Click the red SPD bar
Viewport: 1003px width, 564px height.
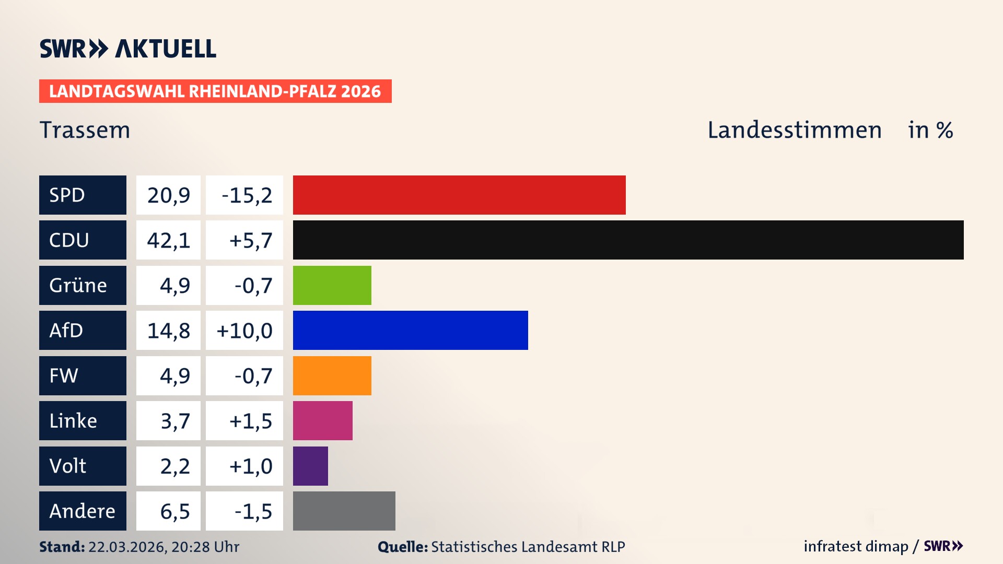click(x=459, y=195)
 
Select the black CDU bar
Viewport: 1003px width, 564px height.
click(x=628, y=240)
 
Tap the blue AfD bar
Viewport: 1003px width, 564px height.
click(x=410, y=330)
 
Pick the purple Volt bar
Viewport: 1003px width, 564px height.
click(x=310, y=466)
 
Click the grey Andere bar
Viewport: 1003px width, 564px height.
click(x=344, y=511)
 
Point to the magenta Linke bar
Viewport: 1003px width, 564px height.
click(x=322, y=420)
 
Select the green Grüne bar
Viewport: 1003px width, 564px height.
click(x=332, y=285)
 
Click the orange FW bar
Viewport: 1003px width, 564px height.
click(x=332, y=375)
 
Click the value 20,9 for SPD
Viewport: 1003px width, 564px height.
click(x=168, y=195)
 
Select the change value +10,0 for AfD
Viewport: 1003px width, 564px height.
click(x=244, y=330)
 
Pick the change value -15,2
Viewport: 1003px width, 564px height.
click(x=247, y=195)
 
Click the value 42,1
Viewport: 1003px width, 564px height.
click(x=168, y=240)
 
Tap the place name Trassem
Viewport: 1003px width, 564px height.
click(x=85, y=130)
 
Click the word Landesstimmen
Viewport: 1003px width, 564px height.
click(x=794, y=130)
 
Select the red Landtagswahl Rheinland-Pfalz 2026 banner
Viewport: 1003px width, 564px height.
click(x=215, y=91)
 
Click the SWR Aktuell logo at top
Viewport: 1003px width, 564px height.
click(x=127, y=49)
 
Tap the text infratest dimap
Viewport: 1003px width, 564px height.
click(x=855, y=546)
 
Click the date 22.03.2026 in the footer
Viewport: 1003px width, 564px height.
click(x=126, y=547)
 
